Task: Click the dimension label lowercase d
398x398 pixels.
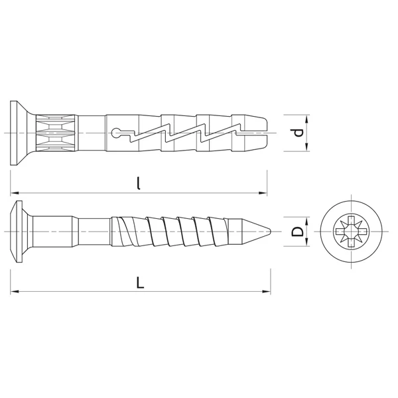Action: tap(298, 133)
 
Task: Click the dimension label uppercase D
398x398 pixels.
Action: tap(297, 232)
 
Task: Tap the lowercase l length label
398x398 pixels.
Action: tap(139, 183)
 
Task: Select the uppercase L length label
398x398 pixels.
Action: tap(140, 283)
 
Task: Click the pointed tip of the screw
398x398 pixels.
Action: tap(271, 232)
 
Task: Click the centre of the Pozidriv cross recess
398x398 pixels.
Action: tap(351, 232)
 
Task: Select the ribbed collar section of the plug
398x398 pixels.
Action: tap(56, 133)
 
